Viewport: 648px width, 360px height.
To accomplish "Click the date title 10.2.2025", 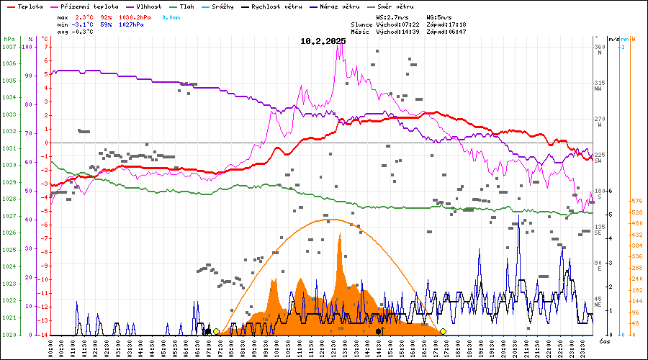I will point(323,41).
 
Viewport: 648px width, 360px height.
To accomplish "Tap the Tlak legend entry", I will point(192,6).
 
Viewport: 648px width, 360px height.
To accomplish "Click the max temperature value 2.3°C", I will point(85,16).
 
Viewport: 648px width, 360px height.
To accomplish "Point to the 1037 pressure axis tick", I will point(9,47).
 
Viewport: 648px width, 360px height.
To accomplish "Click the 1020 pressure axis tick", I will point(9,335).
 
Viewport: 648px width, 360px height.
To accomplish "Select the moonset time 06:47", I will point(455,32).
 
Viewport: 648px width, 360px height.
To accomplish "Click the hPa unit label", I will point(9,39).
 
